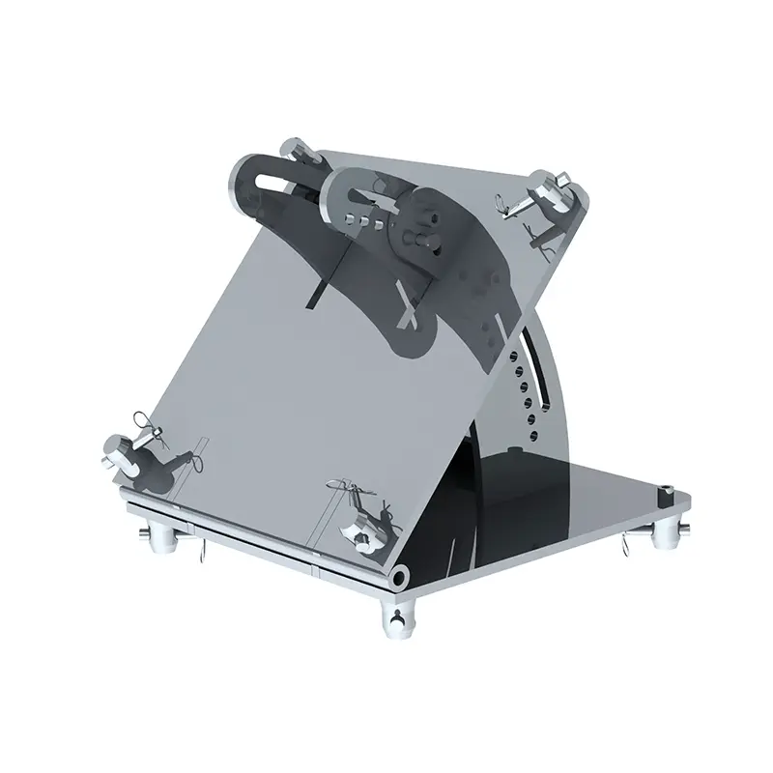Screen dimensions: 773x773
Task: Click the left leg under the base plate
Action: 157,537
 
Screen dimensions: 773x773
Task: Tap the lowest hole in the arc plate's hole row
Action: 529,419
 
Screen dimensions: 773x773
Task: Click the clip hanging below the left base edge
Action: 206,555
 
